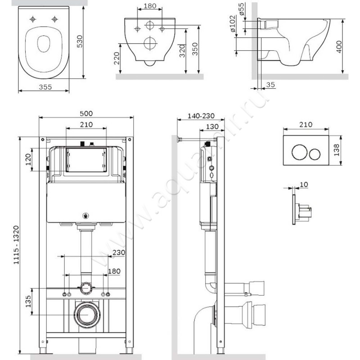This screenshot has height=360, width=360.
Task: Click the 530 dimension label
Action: pos(80,41)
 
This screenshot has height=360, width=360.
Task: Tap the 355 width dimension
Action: pos(45,87)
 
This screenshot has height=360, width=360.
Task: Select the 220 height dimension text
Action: pos(117,58)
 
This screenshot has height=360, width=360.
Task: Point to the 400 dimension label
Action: pos(339,47)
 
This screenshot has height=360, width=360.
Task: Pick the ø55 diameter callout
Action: pos(241,9)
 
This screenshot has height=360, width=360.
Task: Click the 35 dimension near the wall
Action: pos(270,85)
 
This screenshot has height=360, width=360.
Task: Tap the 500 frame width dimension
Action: pos(86,113)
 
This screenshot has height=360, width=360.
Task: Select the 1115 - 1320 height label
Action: pos(16,245)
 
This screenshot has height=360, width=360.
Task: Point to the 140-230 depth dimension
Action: pos(201,116)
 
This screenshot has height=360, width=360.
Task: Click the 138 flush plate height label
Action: pos(337,150)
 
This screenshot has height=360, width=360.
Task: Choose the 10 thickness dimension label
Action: pos(304,184)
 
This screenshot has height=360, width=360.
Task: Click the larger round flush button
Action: pos(299,152)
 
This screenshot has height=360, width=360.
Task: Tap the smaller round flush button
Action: pos(315,154)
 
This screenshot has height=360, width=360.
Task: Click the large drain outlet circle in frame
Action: pos(87,315)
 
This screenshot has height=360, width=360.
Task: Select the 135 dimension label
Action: pos(28,301)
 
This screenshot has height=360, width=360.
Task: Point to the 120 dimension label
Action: pos(28,160)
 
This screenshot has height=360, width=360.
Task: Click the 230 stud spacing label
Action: pos(119,252)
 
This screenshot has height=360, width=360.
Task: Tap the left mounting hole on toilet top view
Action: pos(33,19)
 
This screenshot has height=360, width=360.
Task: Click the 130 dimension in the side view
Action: pos(212,127)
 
